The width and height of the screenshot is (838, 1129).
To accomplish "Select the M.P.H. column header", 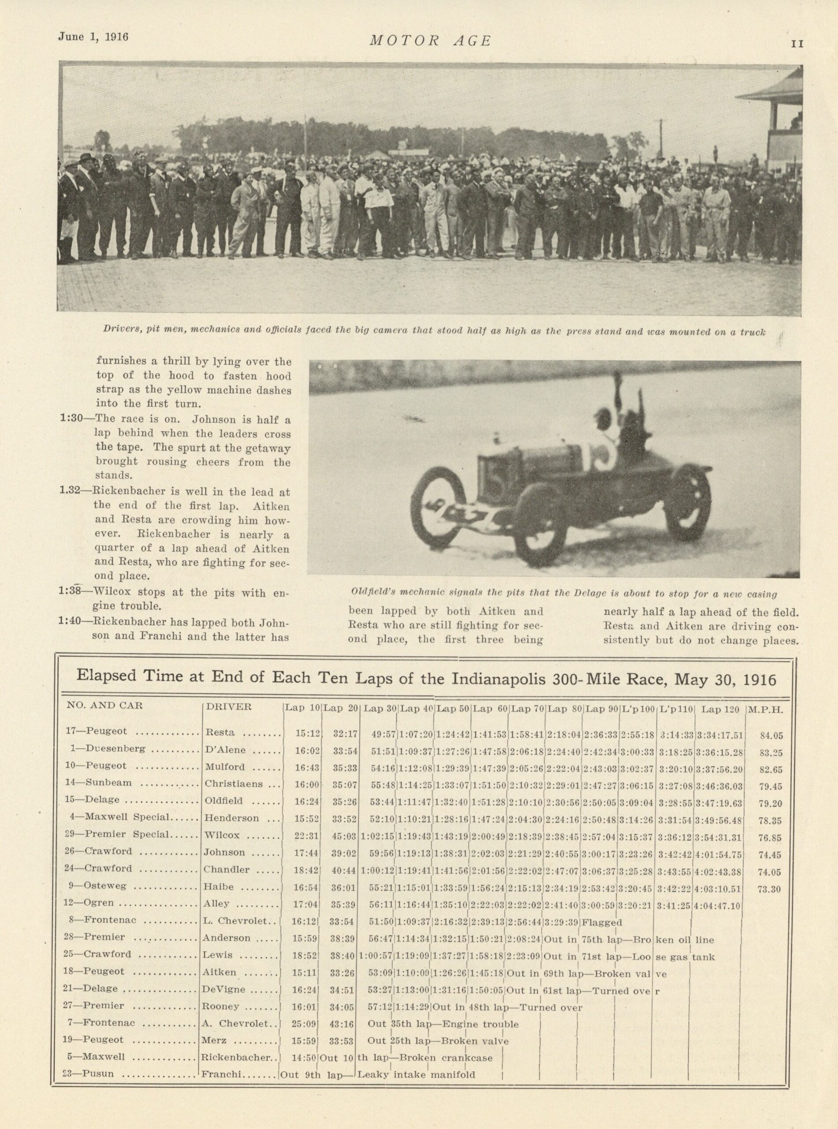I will pos(765,709).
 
